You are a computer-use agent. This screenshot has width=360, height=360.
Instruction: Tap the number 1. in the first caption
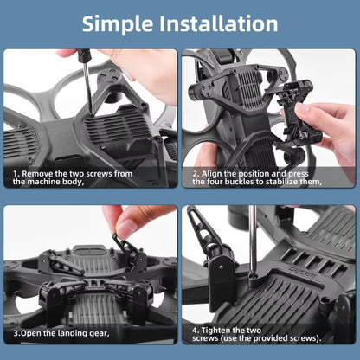click(16, 173)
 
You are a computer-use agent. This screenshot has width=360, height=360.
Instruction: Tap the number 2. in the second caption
click(196, 173)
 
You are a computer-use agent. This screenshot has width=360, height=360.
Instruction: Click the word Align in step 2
click(213, 173)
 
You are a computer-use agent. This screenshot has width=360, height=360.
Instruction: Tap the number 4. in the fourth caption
click(195, 330)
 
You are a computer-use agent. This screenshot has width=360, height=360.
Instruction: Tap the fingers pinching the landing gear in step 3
click(130, 223)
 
